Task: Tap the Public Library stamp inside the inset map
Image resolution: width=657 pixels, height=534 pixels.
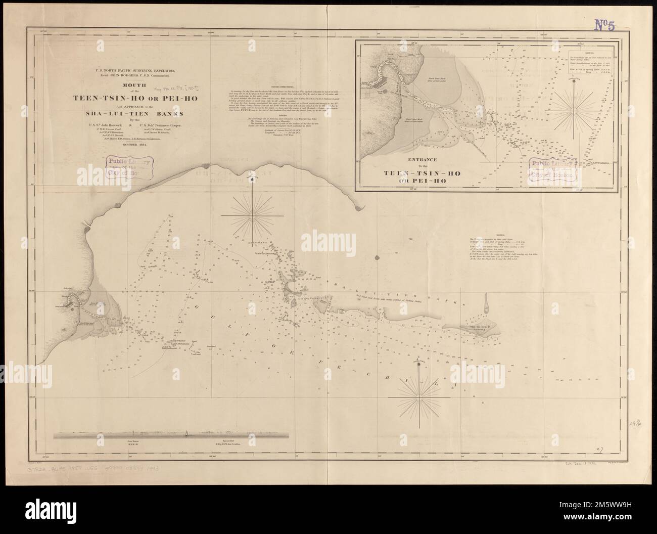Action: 552,169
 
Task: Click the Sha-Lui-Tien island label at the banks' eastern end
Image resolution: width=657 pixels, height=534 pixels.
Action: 471,329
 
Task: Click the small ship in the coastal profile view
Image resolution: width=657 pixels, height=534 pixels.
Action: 187,434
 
